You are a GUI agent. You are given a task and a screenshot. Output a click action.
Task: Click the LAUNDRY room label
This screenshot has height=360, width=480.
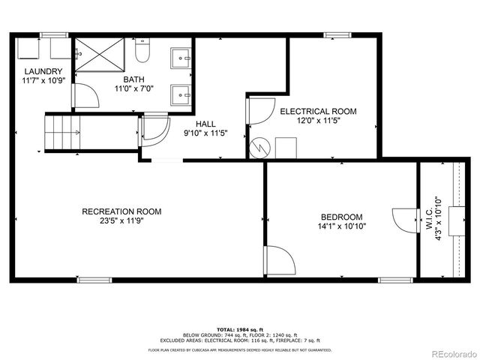coord(37,71)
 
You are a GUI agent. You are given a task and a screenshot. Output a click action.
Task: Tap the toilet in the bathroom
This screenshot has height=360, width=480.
coord(142,53)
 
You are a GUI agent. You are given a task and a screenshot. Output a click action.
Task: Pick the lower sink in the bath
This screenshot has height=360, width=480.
coord(180,94)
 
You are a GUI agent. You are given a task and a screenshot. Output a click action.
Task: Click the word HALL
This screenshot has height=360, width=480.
coord(206,124)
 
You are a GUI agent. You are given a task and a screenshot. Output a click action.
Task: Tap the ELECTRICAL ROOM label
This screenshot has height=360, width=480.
coord(318,111)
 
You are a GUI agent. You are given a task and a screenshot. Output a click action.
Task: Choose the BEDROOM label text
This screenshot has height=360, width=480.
coord(341,217)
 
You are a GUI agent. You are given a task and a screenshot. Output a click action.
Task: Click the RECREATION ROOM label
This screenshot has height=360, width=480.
coord(121,211)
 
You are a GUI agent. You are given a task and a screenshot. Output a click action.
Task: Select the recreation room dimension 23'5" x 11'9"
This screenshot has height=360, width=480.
coord(121,221)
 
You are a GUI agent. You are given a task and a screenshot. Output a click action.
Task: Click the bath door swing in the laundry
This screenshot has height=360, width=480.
coord(84,95)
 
